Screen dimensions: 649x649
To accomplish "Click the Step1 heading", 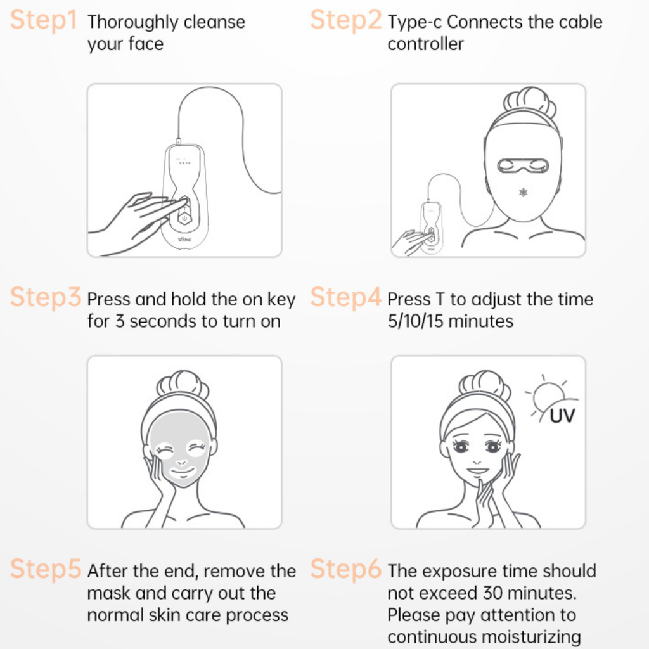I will [x=43, y=21].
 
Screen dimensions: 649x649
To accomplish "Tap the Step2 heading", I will [x=346, y=21].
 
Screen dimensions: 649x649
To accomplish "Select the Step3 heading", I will [x=46, y=297].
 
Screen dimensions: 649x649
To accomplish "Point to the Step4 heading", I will [x=346, y=297].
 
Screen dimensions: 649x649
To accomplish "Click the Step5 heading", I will [x=46, y=570].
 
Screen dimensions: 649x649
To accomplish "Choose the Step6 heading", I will [x=346, y=570].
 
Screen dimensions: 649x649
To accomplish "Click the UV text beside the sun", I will [x=562, y=416].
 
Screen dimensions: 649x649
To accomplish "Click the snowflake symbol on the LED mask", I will [x=523, y=192].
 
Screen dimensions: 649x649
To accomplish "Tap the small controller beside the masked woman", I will [x=432, y=227].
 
